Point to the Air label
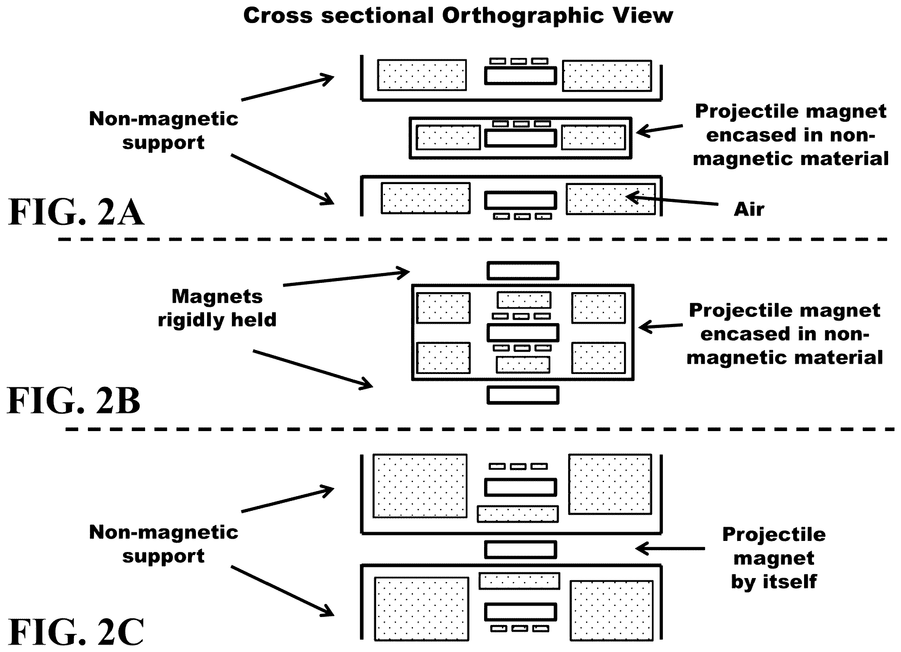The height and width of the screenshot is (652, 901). (749, 209)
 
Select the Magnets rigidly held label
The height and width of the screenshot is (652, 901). (217, 308)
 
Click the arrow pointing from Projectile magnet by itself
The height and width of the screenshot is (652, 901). (670, 549)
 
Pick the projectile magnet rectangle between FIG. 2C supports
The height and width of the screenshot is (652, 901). (520, 550)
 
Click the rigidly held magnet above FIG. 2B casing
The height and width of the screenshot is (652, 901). (523, 271)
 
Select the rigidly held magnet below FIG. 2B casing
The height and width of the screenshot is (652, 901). (523, 395)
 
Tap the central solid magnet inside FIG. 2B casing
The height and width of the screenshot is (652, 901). (523, 333)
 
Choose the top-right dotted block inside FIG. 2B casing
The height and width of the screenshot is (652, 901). (598, 308)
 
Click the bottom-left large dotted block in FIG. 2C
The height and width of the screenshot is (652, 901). (422, 609)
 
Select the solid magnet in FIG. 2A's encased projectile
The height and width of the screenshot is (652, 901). (520, 138)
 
